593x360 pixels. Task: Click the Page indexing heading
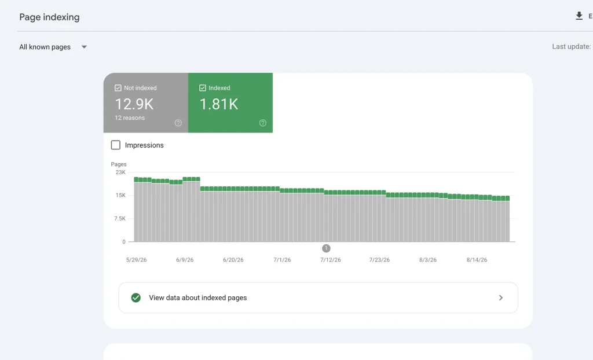(x=49, y=17)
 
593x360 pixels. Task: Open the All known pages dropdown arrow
(x=84, y=47)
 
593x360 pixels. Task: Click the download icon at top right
(x=579, y=16)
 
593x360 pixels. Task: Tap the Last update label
(x=571, y=46)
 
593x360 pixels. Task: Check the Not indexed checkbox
(x=118, y=88)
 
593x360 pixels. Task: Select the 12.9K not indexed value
(x=134, y=104)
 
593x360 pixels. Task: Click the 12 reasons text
(x=130, y=117)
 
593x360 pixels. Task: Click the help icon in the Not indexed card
(x=178, y=123)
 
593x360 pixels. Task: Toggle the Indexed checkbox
(x=203, y=88)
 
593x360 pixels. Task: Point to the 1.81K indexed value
(x=219, y=104)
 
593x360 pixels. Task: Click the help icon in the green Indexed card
(x=263, y=123)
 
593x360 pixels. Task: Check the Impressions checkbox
(x=116, y=145)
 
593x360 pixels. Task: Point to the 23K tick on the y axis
(x=120, y=172)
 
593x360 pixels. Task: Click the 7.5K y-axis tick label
(x=120, y=219)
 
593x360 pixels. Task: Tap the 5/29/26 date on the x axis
(x=137, y=260)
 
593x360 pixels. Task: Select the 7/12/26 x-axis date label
(x=331, y=260)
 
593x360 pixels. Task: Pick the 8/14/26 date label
(x=477, y=260)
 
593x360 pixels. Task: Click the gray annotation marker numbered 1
(x=326, y=248)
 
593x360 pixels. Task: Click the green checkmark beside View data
(x=136, y=297)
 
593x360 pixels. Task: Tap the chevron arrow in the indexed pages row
(x=501, y=298)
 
